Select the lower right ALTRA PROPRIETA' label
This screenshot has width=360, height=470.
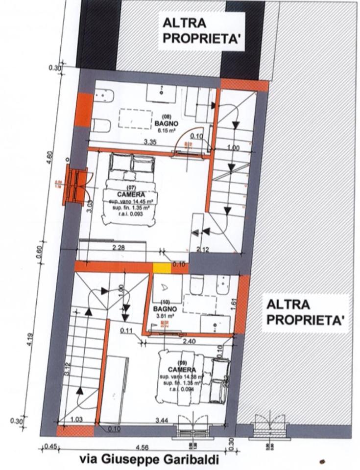click(x=303, y=312)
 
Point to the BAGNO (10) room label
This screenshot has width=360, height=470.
click(x=161, y=309)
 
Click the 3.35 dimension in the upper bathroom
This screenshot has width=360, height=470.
click(x=149, y=142)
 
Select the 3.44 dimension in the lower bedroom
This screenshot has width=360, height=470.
click(x=161, y=420)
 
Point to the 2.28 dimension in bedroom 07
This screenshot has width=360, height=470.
click(x=118, y=248)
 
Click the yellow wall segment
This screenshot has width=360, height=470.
click(x=161, y=268)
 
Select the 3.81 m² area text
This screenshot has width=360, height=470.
click(x=161, y=316)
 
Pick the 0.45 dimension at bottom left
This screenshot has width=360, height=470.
click(x=49, y=446)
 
